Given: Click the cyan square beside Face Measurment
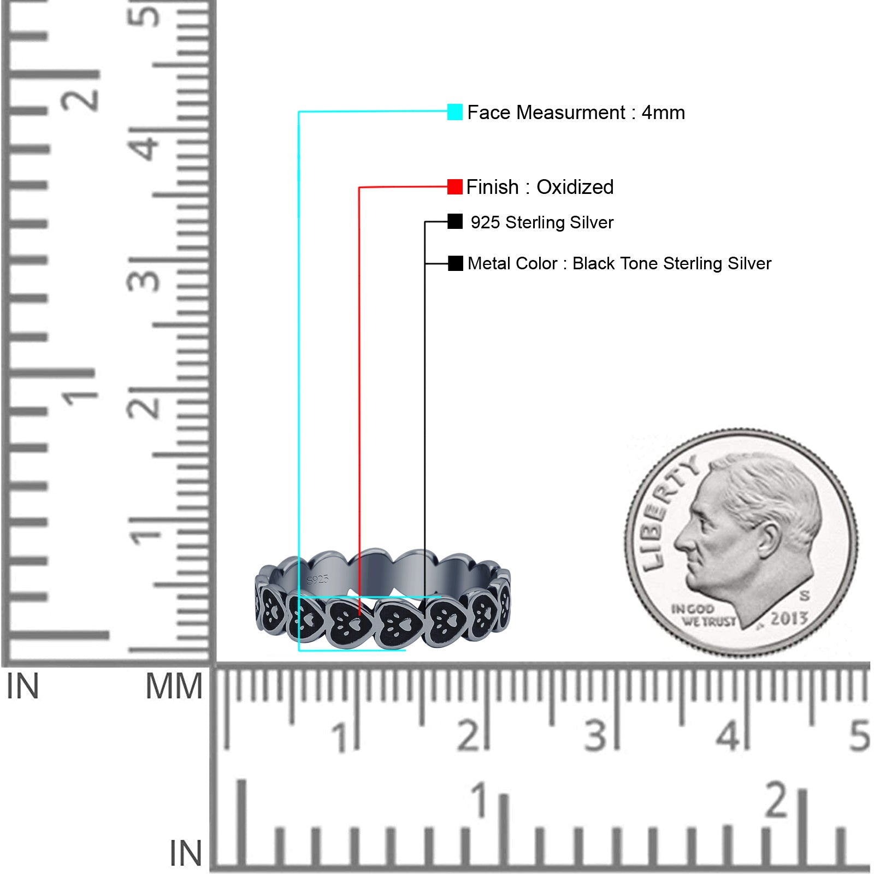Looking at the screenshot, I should point(454,112).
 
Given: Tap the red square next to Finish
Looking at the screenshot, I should point(454,187).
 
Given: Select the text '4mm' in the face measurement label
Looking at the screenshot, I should point(663,113).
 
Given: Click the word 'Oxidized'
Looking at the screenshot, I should point(575,187).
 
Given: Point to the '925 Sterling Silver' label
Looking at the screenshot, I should point(542,222).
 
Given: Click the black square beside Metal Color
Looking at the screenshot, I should point(455,263).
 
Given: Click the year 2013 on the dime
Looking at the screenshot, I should point(789,618).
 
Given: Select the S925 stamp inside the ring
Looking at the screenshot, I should point(317,579).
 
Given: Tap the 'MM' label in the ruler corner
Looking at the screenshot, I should point(174,687).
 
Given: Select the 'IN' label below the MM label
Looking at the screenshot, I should point(186,853).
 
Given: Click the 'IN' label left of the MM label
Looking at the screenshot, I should point(23,687).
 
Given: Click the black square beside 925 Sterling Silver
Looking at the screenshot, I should point(455,222).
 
